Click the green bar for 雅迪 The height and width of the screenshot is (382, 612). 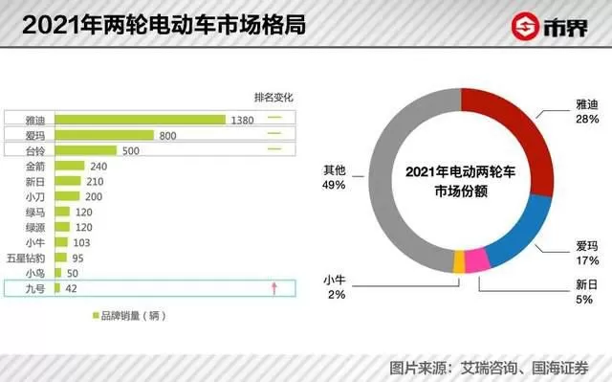141,120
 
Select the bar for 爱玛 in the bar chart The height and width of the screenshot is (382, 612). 104,135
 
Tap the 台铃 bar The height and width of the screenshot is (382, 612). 86,150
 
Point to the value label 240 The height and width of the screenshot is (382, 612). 98,167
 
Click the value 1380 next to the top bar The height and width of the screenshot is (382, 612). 242,121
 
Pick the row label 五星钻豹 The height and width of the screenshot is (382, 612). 26,258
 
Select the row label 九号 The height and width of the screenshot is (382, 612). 35,288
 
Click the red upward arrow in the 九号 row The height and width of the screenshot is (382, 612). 274,288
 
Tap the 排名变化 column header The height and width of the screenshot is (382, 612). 273,98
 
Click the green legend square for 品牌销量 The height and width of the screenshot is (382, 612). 96,315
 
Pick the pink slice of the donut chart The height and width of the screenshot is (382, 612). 478,259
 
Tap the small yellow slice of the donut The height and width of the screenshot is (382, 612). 459,261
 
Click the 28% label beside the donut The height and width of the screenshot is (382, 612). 587,119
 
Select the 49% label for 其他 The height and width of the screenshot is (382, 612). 334,185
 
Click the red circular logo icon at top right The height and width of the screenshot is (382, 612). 525,26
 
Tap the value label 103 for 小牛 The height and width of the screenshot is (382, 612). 81,243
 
